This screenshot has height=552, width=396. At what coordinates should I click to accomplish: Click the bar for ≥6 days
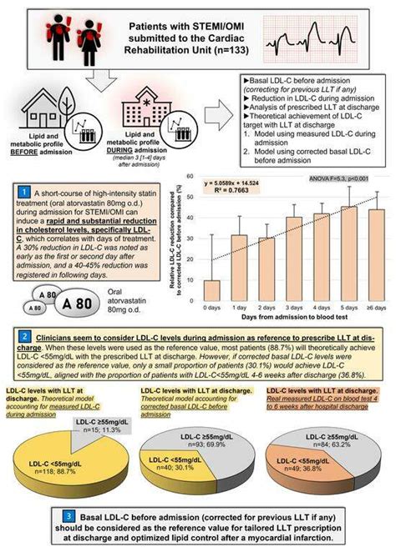377,259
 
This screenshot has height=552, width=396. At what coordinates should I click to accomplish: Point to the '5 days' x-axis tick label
348,316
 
